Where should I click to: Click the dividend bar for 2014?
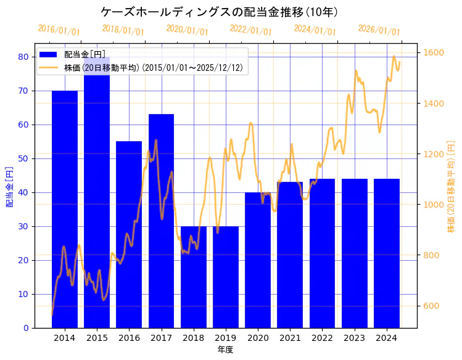point(65,210)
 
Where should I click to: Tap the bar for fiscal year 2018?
point(194,277)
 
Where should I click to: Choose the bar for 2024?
point(387,253)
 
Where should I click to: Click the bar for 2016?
point(129,234)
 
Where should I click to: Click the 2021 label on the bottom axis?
point(290,338)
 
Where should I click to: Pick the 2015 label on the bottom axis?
point(97,338)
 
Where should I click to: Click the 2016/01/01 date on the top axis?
point(59,30)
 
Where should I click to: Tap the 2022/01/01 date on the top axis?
point(250,30)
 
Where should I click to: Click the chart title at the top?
point(219,12)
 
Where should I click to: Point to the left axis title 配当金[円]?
point(9,186)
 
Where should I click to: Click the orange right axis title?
point(451,186)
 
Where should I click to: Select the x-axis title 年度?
point(225,350)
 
